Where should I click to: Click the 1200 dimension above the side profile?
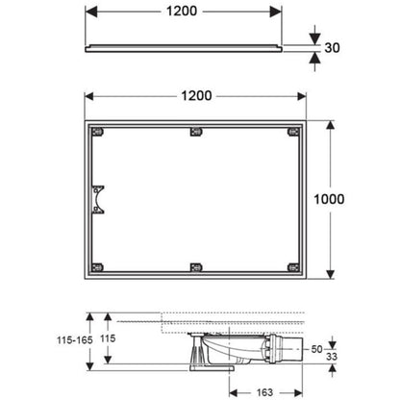(x=182, y=12)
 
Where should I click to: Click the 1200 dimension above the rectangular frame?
(x=196, y=96)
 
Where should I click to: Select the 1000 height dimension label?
(x=329, y=199)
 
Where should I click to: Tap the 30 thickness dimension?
(x=332, y=48)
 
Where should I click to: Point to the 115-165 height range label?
(x=75, y=339)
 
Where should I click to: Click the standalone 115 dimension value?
(x=108, y=338)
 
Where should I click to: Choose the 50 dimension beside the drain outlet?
(x=316, y=349)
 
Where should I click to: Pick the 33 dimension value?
(x=332, y=357)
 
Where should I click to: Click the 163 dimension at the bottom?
(x=264, y=392)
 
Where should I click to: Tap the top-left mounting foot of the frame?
(x=97, y=132)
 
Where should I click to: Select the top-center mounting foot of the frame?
(x=196, y=132)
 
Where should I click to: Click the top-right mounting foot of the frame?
(x=293, y=132)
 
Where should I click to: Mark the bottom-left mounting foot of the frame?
(x=97, y=267)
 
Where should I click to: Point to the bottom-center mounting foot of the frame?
(x=196, y=267)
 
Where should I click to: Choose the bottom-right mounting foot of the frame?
(x=293, y=267)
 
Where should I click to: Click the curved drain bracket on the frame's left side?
(x=97, y=199)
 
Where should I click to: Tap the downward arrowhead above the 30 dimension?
(x=315, y=39)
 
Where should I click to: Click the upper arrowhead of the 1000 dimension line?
(x=330, y=126)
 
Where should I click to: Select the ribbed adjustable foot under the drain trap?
(x=198, y=352)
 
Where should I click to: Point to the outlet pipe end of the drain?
(x=295, y=349)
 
